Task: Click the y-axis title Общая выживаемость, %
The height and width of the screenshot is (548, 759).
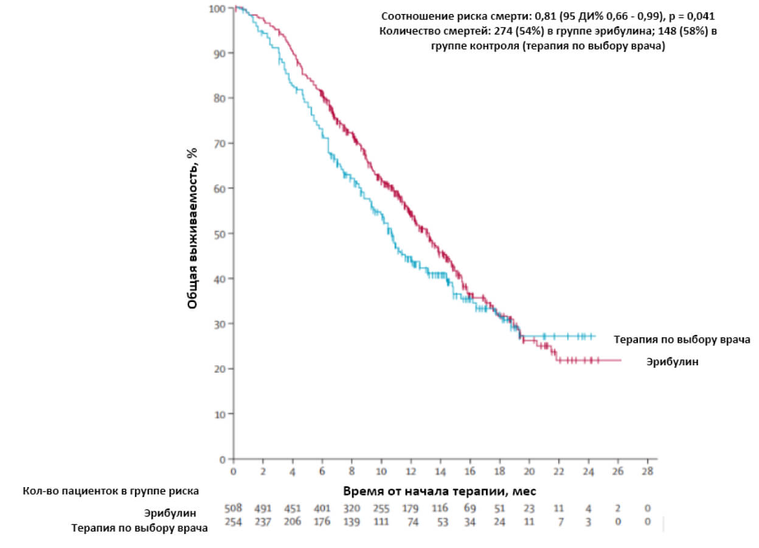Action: coord(193,229)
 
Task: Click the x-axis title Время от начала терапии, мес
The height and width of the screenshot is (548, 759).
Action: coord(439,491)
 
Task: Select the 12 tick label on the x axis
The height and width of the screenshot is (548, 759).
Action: coord(411,472)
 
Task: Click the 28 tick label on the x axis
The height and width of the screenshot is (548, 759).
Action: coord(648,472)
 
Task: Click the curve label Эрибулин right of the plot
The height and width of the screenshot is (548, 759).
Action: coord(672,362)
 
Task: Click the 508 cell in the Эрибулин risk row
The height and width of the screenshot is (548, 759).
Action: coord(234,508)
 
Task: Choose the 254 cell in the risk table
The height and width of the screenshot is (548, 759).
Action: coord(234,522)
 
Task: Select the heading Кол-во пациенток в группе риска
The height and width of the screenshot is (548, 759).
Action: coord(111,490)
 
